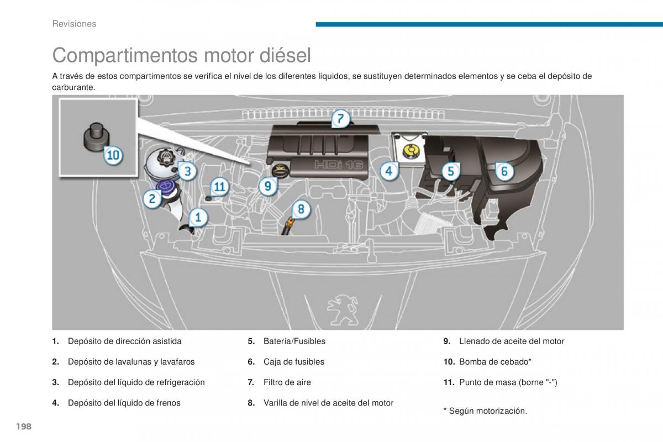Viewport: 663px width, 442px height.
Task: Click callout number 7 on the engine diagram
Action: (340, 119)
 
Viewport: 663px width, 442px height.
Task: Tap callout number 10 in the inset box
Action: (113, 156)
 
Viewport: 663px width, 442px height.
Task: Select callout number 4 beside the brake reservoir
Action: (389, 171)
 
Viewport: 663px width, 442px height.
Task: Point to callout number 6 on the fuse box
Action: (504, 171)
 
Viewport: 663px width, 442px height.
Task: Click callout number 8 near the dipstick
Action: (301, 209)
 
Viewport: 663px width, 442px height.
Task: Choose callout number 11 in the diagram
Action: (220, 187)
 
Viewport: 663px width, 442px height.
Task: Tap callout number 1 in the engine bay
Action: (198, 217)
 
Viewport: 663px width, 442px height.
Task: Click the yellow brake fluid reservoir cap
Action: (409, 150)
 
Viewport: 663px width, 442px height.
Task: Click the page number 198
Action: (23, 427)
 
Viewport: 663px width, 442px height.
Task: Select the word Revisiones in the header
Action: (74, 24)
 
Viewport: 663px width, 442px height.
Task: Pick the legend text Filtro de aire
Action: (287, 382)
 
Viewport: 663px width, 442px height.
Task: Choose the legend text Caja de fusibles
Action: (293, 362)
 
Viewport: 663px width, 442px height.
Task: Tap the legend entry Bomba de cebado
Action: (494, 362)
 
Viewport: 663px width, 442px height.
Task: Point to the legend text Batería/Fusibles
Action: (294, 341)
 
